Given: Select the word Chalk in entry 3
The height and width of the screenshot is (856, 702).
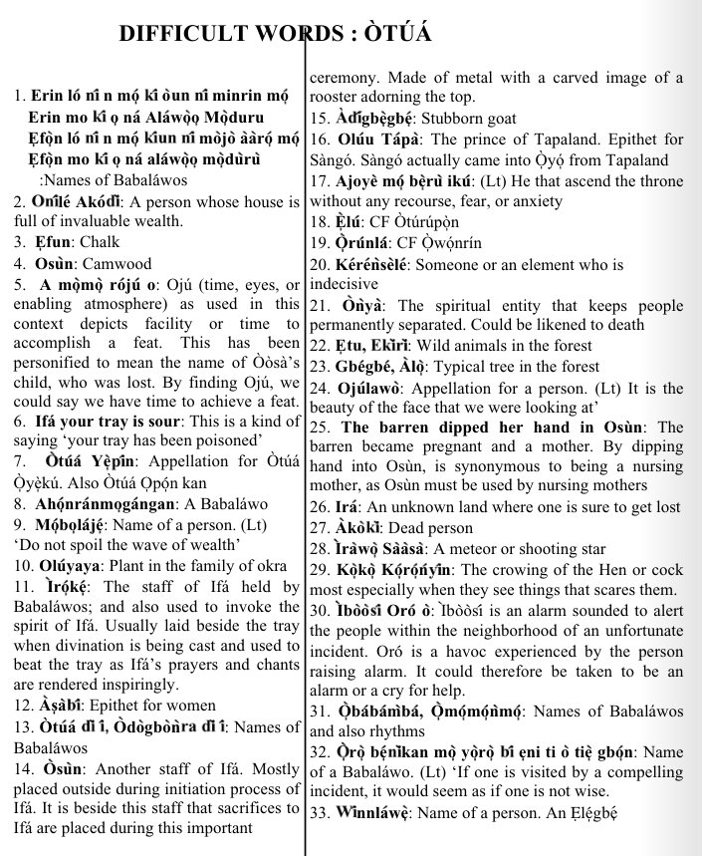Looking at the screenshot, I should [x=99, y=242].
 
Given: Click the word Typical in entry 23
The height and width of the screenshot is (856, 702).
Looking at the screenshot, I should [x=465, y=367].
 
